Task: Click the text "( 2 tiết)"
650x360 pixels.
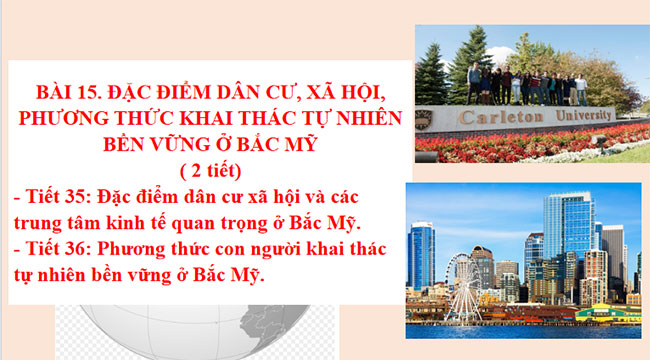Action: coord(208,167)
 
